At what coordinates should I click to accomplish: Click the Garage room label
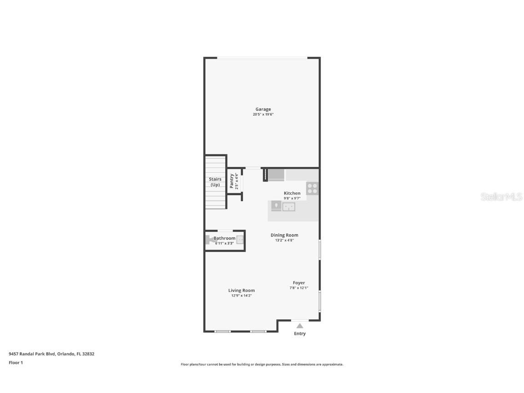(263, 109)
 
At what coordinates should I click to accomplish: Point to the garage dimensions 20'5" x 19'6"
(263, 115)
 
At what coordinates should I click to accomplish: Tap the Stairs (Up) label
(215, 182)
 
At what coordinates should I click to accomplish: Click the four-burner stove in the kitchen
(312, 188)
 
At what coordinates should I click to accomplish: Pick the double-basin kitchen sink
(289, 207)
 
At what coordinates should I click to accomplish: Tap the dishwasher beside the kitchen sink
(276, 207)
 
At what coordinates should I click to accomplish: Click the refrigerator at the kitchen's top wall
(276, 175)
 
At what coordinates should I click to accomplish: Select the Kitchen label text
(292, 193)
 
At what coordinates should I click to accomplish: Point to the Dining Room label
(284, 235)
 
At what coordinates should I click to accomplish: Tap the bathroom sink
(240, 240)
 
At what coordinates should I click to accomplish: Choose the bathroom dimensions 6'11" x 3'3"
(224, 243)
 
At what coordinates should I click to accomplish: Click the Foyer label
(299, 283)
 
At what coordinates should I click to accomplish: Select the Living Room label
(242, 290)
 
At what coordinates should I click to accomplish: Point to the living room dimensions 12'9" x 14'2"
(242, 296)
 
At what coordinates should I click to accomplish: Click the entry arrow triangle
(300, 326)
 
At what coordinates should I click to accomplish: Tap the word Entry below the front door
(300, 334)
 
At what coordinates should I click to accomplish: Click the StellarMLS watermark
(502, 196)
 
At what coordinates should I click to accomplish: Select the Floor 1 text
(15, 363)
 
